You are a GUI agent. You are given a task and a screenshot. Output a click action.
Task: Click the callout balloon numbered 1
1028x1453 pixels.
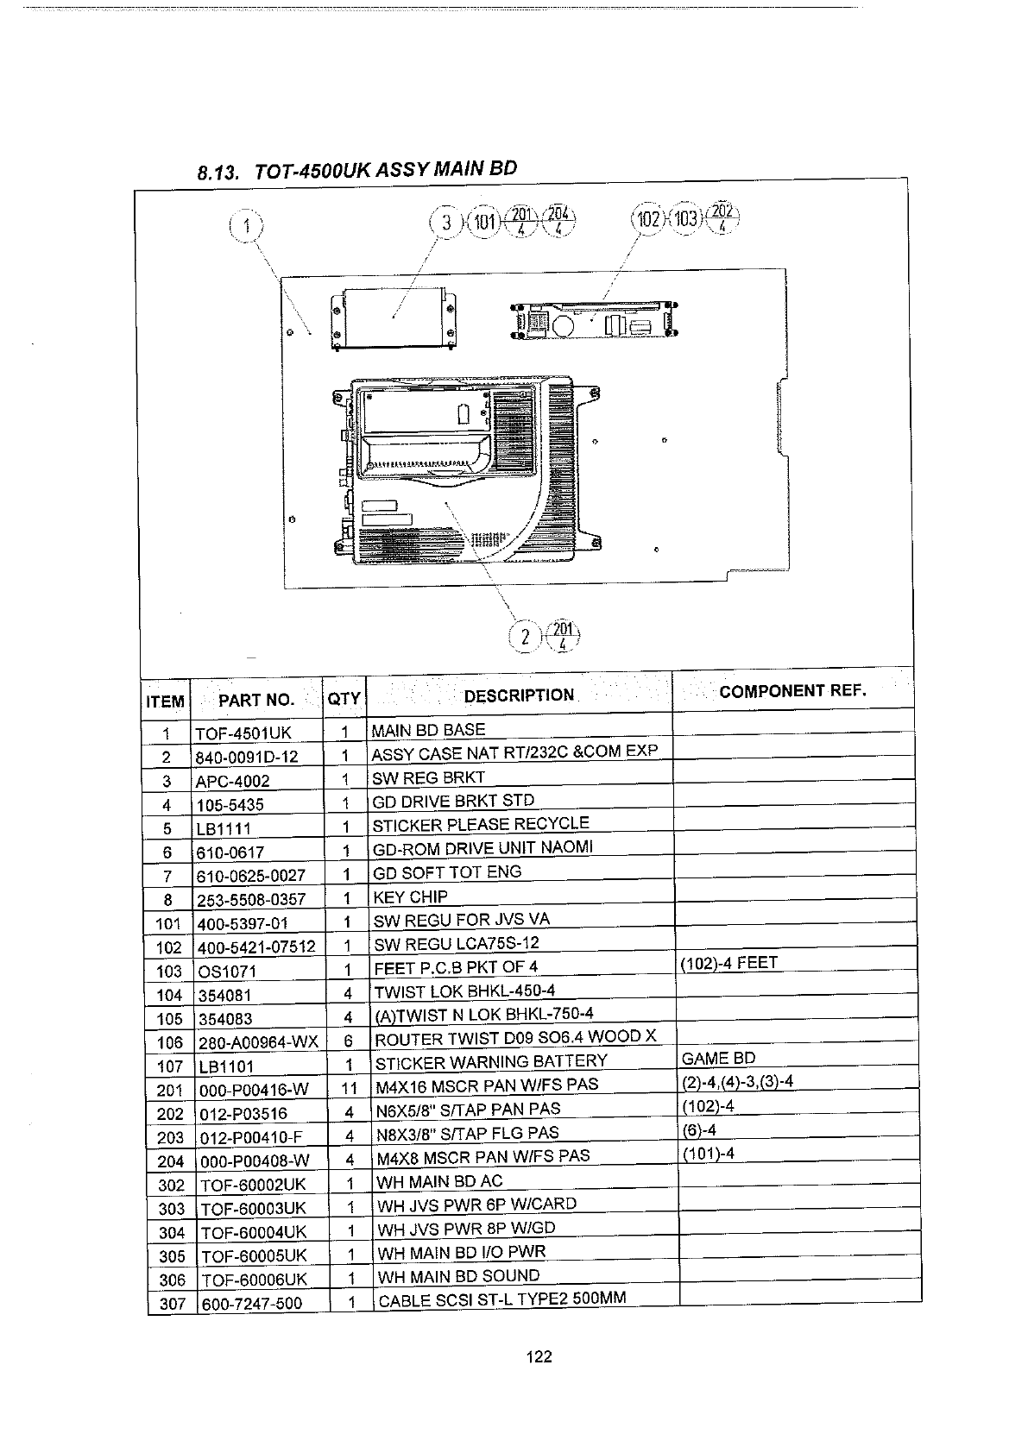coord(247,227)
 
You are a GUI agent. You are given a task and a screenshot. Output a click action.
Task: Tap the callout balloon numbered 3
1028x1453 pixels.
coord(446,223)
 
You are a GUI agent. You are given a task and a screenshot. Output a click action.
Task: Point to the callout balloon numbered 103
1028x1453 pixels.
coord(686,218)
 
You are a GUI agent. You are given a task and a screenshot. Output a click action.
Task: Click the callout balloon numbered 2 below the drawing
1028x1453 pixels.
coord(526,638)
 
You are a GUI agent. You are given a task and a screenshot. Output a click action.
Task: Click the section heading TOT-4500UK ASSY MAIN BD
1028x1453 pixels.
coord(357,170)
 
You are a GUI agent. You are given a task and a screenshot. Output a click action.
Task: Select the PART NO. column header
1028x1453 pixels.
coord(256,700)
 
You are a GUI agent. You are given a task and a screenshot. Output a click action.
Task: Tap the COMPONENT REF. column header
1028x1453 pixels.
coord(791,690)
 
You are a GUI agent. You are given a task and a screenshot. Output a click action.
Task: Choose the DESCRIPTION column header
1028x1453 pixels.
coord(519,695)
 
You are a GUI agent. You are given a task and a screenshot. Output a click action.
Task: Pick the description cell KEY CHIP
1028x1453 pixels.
coord(410,896)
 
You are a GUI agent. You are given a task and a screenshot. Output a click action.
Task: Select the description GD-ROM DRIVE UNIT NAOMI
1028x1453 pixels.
coord(482,848)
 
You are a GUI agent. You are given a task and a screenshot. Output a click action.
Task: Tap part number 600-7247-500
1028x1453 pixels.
coord(251,1304)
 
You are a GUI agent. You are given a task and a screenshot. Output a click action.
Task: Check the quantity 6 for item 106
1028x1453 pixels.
coord(348,1042)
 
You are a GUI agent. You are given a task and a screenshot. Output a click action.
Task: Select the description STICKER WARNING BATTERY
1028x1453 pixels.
coord(491,1062)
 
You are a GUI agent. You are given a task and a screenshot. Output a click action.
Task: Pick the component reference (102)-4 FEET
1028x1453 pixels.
coord(729,963)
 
